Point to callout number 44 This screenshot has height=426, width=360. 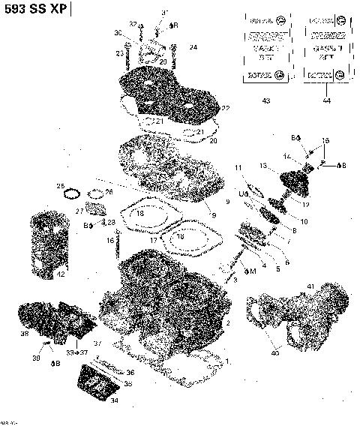325,100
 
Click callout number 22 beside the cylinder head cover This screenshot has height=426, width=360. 225,109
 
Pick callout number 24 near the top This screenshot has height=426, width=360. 193,47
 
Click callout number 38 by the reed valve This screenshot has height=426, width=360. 25,333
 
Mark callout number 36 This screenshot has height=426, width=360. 130,372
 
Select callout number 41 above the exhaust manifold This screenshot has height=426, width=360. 310,287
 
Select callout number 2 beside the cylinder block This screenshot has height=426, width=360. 227,322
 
